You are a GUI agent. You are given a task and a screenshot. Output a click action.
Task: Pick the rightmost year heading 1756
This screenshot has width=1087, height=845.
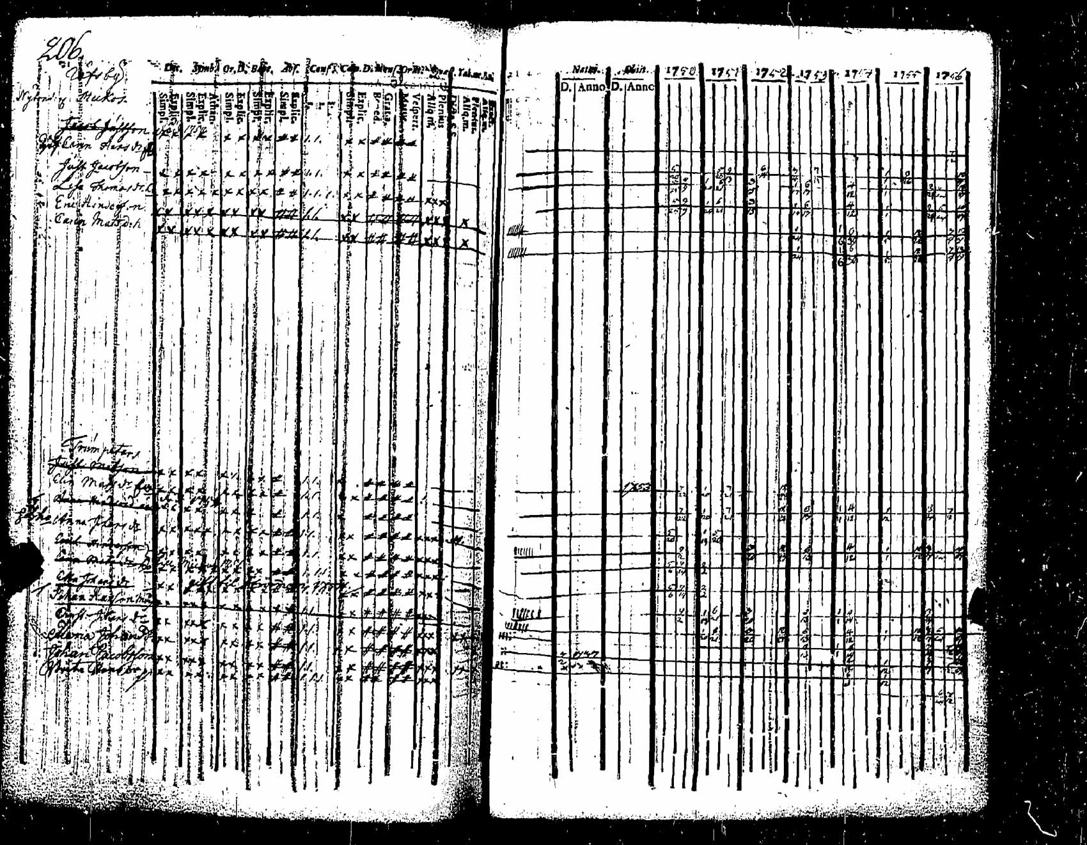pos(950,76)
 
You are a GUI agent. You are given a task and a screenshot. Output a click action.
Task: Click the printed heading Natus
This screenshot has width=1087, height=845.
pos(584,68)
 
